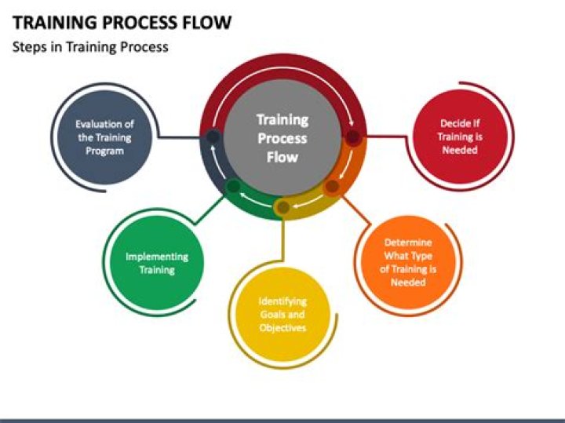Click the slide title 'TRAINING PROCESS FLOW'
click(122, 22)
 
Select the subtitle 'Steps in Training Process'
click(90, 47)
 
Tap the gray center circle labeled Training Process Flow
click(282, 137)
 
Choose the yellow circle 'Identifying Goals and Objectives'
click(282, 315)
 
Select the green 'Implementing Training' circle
click(157, 263)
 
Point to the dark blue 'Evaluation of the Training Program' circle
click(104, 137)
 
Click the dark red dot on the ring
click(353, 137)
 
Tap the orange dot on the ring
click(332, 187)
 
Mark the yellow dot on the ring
click(282, 207)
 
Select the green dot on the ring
click(233, 187)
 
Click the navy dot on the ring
click(213, 137)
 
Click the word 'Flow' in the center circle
click(282, 156)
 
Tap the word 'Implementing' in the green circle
click(157, 257)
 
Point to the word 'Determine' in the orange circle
click(407, 243)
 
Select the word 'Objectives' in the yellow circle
click(282, 327)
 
